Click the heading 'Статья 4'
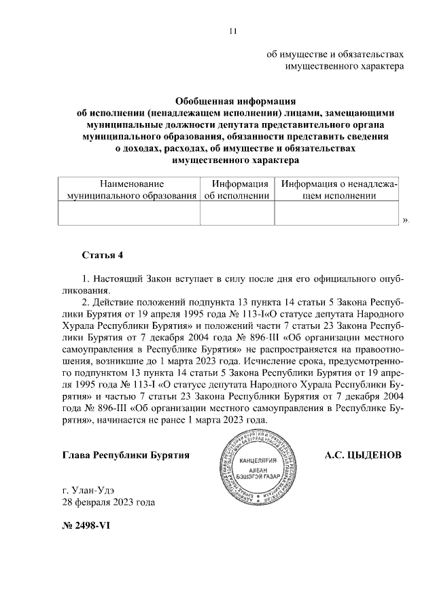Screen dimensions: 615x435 pos(102,256)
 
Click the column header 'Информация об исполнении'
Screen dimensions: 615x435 pos(237,190)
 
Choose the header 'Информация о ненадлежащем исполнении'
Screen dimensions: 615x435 pos(338,190)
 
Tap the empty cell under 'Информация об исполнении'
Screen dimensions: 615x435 pos(237,213)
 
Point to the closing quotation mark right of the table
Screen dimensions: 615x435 pos(405,220)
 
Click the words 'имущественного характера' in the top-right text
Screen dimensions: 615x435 pos(345,66)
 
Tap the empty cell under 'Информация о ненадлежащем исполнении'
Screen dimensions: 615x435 pos(338,213)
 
